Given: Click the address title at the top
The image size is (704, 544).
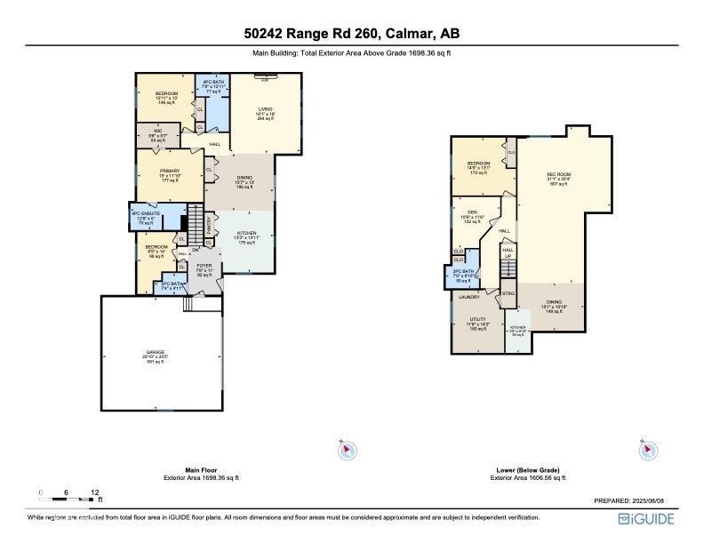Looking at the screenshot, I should tap(352, 34).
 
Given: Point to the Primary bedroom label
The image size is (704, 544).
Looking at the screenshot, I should tap(169, 172).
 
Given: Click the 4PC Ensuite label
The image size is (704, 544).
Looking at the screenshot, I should tap(142, 214).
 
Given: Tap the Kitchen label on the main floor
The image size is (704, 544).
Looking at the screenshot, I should tap(246, 233).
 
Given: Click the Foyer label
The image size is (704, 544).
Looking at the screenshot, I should tap(204, 265).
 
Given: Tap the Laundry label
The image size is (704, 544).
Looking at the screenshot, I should tap(468, 297).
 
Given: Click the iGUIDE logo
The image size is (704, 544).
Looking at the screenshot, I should tap(645, 518).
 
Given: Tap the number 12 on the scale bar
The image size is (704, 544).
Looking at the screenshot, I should tap(96, 491).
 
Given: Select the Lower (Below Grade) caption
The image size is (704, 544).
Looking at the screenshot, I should tap(528, 470).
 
